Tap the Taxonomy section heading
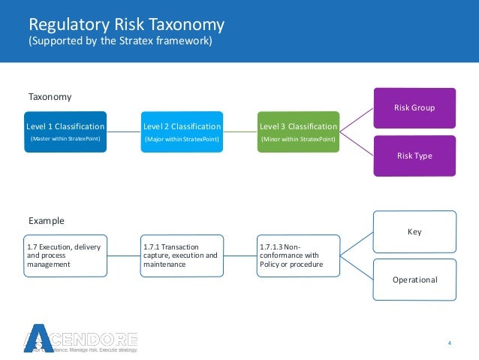(x=50, y=97)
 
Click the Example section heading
(x=47, y=221)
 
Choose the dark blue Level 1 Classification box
(x=65, y=132)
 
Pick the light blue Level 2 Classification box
(x=182, y=132)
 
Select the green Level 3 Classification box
(x=298, y=132)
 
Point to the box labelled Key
(x=414, y=231)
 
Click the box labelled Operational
(x=414, y=280)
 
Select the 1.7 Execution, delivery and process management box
(x=65, y=256)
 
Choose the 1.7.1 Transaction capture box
(x=182, y=256)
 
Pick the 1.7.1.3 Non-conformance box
(x=298, y=256)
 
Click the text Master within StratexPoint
(x=65, y=140)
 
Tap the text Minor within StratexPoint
(x=298, y=140)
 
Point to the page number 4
(x=449, y=343)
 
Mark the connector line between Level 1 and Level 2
(x=123, y=132)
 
